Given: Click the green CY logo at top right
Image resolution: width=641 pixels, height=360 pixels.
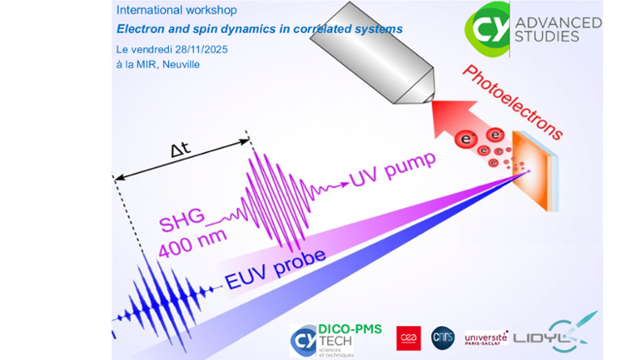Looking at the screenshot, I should pyautogui.click(x=487, y=25).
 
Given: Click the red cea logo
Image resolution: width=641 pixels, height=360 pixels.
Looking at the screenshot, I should pyautogui.click(x=408, y=337).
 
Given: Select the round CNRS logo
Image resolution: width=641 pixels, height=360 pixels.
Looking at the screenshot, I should pyautogui.click(x=443, y=337).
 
